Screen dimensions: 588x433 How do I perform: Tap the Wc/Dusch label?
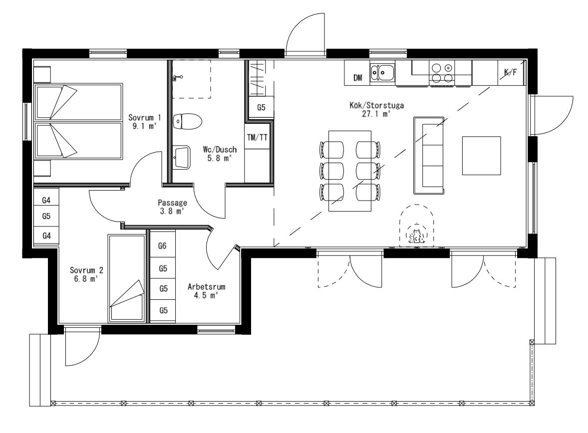(220, 149)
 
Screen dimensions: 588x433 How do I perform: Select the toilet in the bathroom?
(188, 121)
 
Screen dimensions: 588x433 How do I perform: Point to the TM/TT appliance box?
(257, 138)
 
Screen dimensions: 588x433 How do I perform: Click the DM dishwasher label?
(358, 78)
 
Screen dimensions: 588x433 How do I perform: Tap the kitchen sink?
(382, 72)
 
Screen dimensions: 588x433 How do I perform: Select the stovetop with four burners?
(442, 73)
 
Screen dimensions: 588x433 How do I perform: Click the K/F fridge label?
(510, 72)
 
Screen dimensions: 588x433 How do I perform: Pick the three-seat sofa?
(429, 156)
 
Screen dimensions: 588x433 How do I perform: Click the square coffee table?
(482, 156)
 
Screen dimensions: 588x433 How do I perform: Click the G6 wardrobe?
(162, 245)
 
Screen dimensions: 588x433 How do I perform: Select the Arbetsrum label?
(207, 287)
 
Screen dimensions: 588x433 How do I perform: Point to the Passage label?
(173, 203)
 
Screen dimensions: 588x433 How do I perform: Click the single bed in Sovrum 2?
(126, 278)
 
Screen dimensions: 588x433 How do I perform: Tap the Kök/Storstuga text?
(376, 105)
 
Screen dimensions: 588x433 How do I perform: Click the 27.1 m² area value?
(376, 114)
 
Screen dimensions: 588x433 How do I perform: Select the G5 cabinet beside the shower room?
(261, 108)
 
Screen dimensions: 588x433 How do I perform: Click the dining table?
(350, 171)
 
